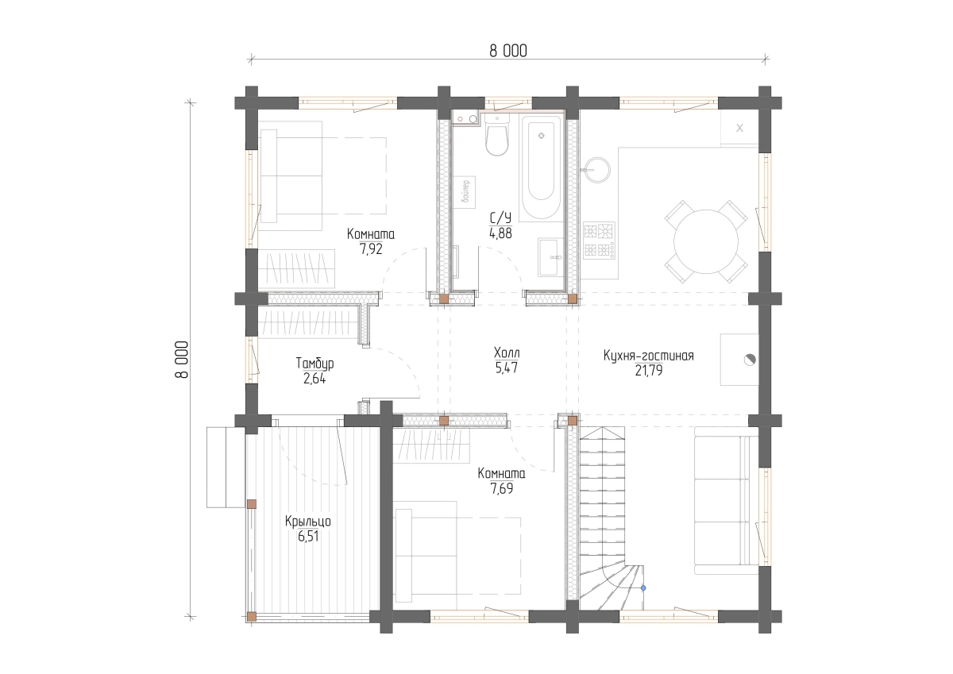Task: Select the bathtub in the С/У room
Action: point(541,168)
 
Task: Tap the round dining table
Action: point(706,241)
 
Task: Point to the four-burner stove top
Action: point(599,241)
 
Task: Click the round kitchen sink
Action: point(597,170)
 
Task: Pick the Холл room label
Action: point(507,352)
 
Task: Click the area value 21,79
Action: point(649,371)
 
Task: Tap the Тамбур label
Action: point(314,363)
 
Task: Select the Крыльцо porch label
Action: point(308,522)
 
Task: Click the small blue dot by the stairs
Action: point(643,588)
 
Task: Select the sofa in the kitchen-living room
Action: point(726,500)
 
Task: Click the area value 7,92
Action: point(372,248)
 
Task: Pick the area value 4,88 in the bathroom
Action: point(501,233)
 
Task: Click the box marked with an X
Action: point(739,128)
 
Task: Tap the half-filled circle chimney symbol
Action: point(750,360)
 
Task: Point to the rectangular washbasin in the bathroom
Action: point(550,257)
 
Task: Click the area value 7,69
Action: point(502,489)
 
